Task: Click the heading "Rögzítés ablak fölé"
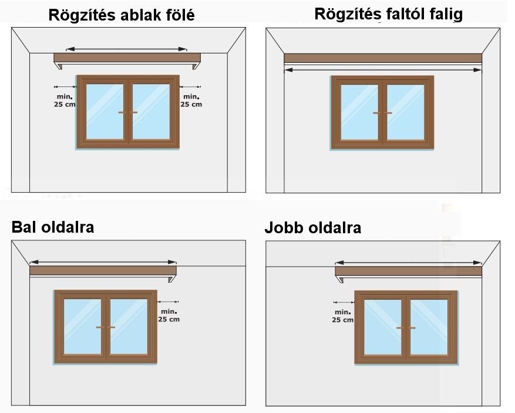tap(122, 14)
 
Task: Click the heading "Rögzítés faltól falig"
tap(388, 14)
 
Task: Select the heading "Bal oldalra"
tap(53, 227)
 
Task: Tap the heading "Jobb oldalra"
tap(312, 228)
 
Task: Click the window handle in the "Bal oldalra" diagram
tap(106, 327)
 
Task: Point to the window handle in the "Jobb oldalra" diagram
tap(406, 327)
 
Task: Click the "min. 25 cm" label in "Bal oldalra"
tap(169, 315)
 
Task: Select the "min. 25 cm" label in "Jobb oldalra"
tap(342, 316)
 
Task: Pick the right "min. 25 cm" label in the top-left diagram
tap(191, 100)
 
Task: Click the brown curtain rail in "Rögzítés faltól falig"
tap(383, 58)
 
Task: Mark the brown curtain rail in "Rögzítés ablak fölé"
tap(127, 58)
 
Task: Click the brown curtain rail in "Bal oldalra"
tap(103, 271)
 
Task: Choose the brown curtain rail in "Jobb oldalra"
tap(408, 271)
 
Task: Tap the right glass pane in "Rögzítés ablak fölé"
tap(151, 112)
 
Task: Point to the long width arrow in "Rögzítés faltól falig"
tap(383, 70)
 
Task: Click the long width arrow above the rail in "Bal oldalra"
tap(103, 262)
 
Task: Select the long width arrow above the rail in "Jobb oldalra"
tap(408, 263)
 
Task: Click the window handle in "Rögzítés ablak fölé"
tap(127, 112)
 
